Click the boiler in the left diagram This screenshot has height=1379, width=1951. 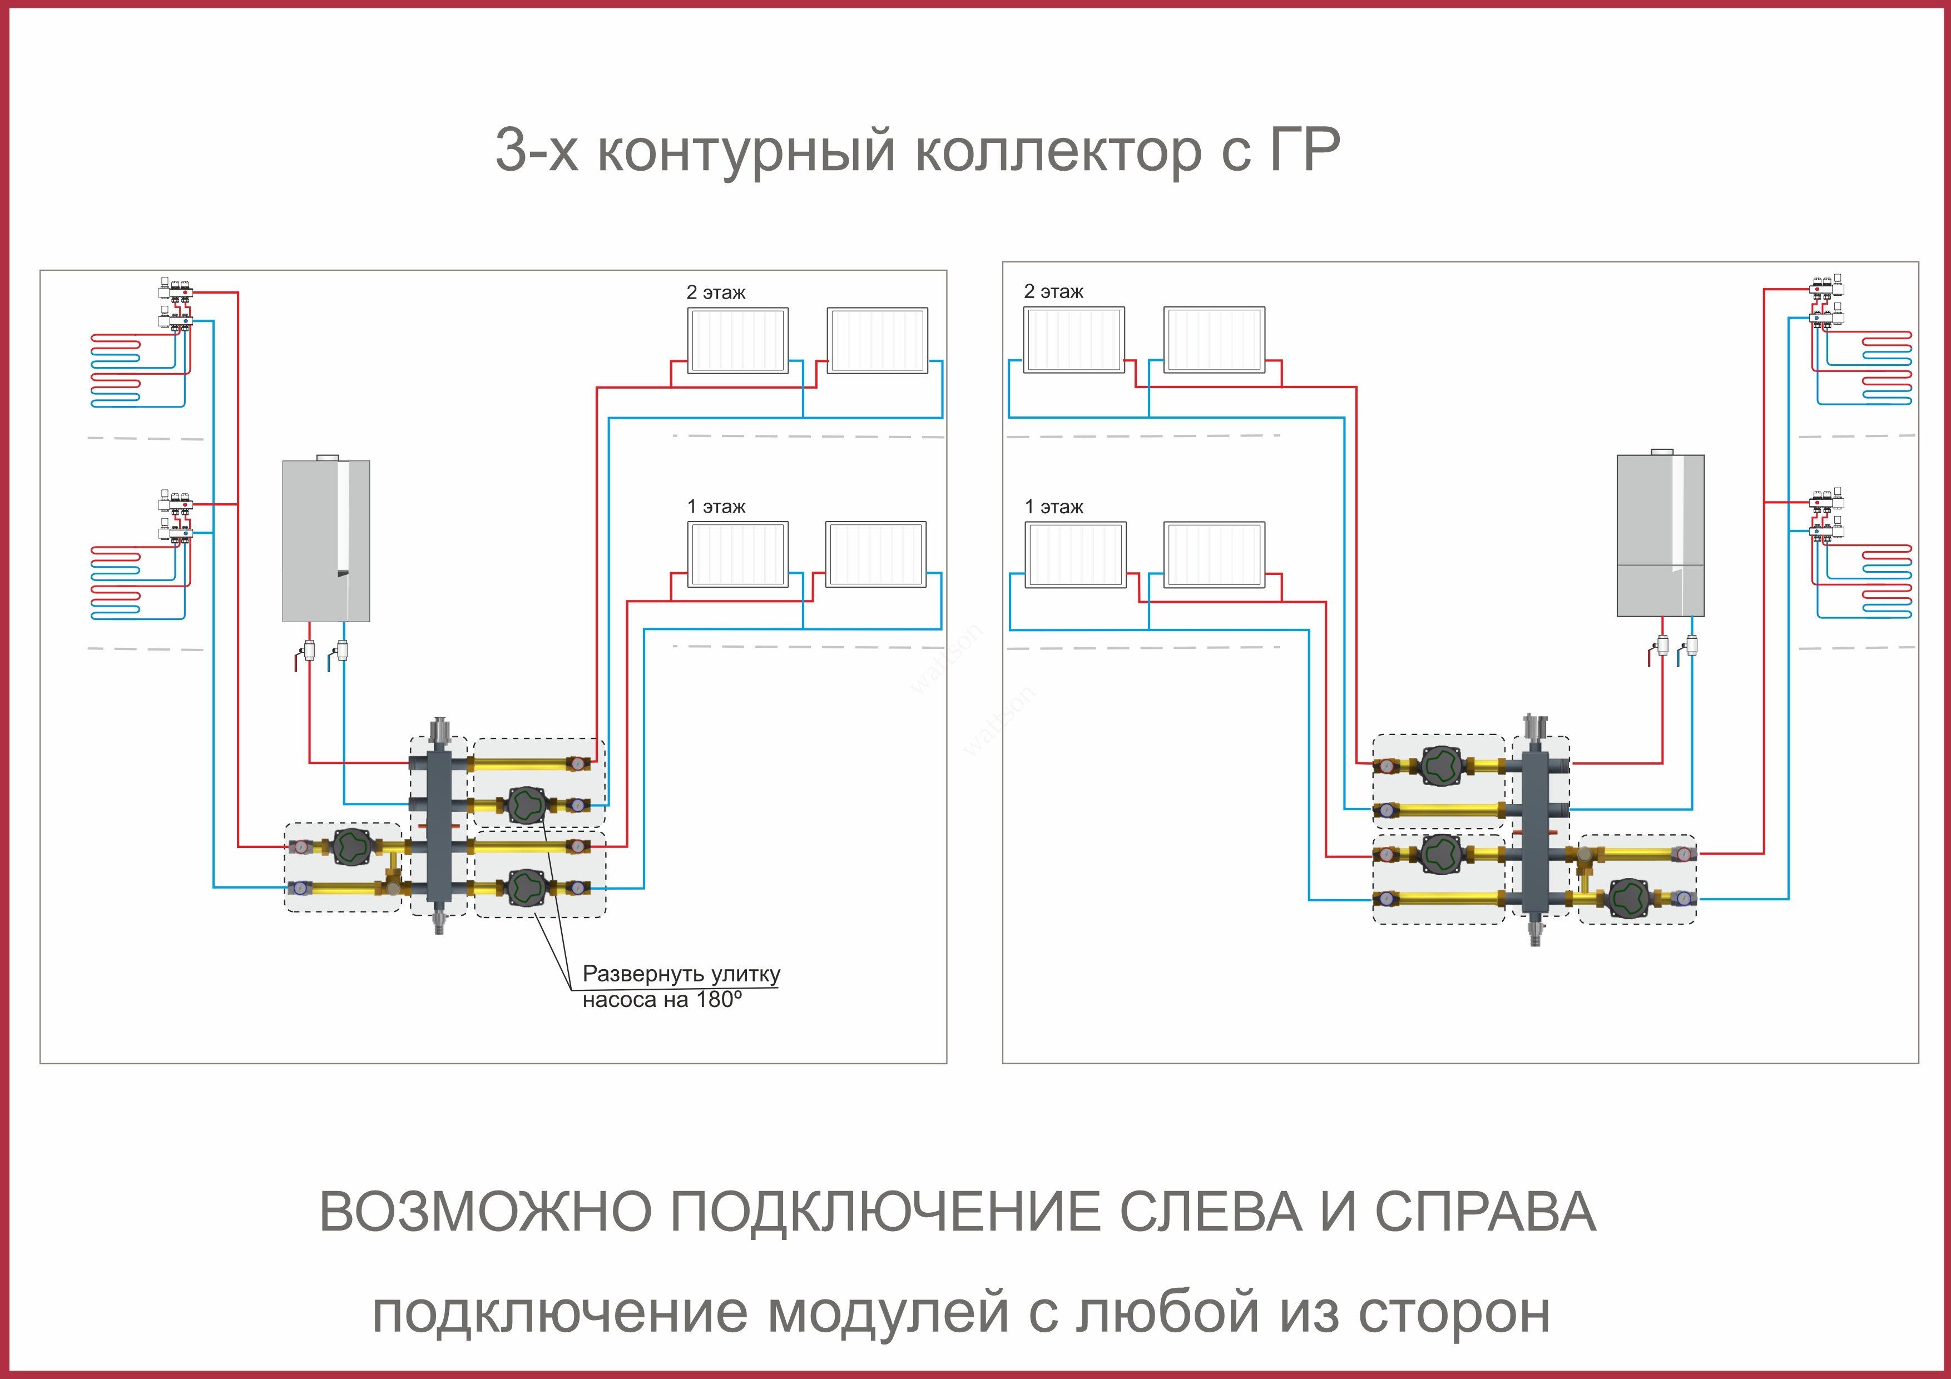(x=325, y=540)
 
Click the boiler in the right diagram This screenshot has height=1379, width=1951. (x=1660, y=535)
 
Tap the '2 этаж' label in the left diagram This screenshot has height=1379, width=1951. (x=715, y=292)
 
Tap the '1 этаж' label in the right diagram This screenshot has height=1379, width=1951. (x=1054, y=507)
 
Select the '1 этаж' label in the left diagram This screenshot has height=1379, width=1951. (x=715, y=507)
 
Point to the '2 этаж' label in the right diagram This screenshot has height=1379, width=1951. (x=1054, y=291)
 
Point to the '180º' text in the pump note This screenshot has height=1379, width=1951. (x=719, y=1000)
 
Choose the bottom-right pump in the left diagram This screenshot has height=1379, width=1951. (x=526, y=888)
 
